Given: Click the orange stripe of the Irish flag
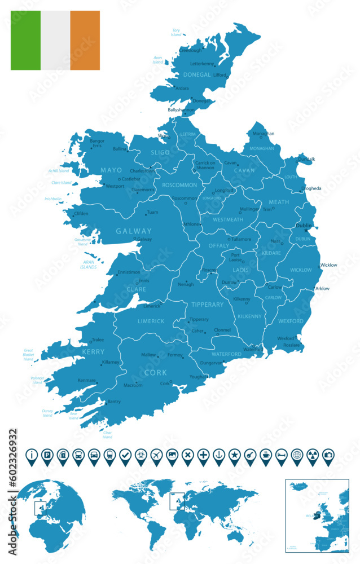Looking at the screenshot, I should pyautogui.click(x=85, y=40).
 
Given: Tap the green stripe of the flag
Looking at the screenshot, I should pyautogui.click(x=25, y=40).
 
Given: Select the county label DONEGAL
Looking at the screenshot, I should pyautogui.click(x=197, y=74).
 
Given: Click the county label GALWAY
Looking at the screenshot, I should pyautogui.click(x=134, y=231).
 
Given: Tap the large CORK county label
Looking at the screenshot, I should pyautogui.click(x=156, y=372).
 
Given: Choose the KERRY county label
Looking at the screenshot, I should pyautogui.click(x=77, y=351).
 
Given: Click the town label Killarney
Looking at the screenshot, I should pyautogui.click(x=111, y=362).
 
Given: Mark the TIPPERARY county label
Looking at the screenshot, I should pyautogui.click(x=208, y=305).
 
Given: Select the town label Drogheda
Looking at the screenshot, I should pyautogui.click(x=311, y=188).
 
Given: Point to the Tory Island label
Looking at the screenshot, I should pyautogui.click(x=177, y=33).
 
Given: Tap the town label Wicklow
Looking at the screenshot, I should pyautogui.click(x=328, y=265).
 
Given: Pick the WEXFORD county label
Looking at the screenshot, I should pyautogui.click(x=291, y=321).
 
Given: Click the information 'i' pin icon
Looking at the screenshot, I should pyautogui.click(x=33, y=454).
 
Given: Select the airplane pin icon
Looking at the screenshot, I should pyautogui.click(x=156, y=454).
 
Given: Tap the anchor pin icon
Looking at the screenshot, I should pyautogui.click(x=219, y=454).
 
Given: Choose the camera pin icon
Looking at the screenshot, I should pyautogui.click(x=328, y=454).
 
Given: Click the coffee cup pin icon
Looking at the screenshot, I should pyautogui.click(x=265, y=454).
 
